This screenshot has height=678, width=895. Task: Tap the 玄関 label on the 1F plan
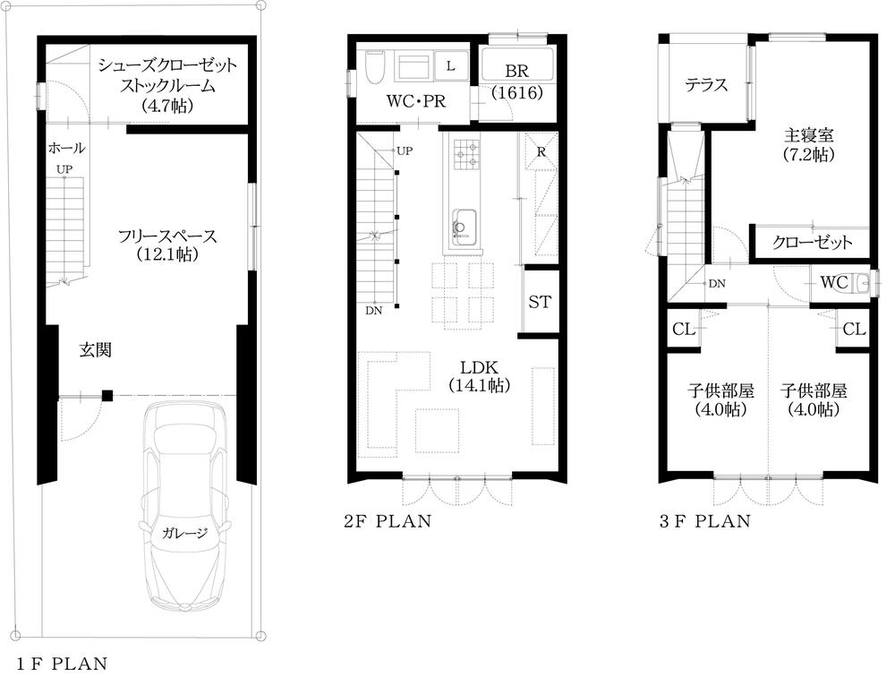coord(96,350)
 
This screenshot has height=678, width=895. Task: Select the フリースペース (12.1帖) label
coord(167,245)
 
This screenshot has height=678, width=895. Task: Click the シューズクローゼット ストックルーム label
coord(167,86)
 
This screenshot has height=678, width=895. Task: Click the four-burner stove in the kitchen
coord(466,154)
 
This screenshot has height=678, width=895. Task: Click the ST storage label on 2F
coord(539,302)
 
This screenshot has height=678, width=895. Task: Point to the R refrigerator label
coord(541,151)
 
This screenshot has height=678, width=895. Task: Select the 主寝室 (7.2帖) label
coord(809,144)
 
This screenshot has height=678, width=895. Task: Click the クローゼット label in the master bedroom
coord(812,243)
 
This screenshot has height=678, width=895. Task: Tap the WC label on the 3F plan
coord(834,283)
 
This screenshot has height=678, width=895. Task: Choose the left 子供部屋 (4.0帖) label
coord(721,400)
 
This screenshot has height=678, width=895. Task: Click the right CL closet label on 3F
coord(854,330)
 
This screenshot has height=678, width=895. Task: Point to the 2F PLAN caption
coord(388,520)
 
